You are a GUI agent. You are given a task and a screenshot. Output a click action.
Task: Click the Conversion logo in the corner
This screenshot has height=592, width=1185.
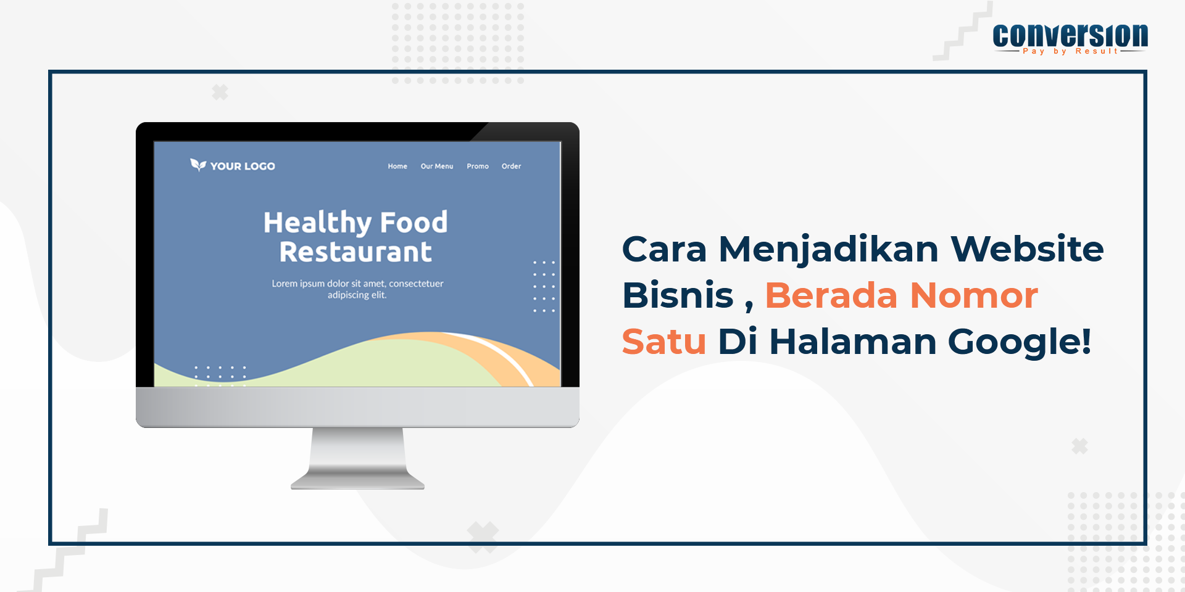1070,39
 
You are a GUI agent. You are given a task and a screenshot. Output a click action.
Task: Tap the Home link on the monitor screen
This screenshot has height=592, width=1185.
397,166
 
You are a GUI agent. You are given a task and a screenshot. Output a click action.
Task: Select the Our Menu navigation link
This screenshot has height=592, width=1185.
437,166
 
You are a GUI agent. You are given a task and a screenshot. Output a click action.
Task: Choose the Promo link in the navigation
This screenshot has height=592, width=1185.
478,166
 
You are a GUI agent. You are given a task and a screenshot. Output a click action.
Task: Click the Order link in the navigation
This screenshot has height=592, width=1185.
511,166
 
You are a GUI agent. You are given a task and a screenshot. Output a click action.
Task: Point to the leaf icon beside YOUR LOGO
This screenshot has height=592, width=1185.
198,165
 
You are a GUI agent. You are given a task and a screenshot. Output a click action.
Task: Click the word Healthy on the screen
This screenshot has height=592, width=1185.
317,223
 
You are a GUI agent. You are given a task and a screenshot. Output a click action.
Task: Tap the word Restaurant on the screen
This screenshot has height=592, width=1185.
355,252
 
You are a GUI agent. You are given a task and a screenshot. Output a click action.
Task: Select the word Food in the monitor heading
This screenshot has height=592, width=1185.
414,222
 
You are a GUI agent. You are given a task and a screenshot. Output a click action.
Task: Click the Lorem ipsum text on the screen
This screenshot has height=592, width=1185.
357,289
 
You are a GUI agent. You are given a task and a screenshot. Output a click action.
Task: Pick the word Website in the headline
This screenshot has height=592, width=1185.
1027,249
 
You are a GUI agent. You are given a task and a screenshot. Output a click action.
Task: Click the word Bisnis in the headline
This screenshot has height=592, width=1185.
678,295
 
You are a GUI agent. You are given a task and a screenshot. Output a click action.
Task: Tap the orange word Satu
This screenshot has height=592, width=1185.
664,342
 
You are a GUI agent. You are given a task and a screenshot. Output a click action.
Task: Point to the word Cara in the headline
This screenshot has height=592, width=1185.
664,249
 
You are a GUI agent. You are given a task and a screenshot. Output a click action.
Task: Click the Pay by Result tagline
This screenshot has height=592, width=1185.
1070,51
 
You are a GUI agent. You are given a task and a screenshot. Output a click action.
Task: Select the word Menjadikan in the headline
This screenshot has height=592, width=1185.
829,250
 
